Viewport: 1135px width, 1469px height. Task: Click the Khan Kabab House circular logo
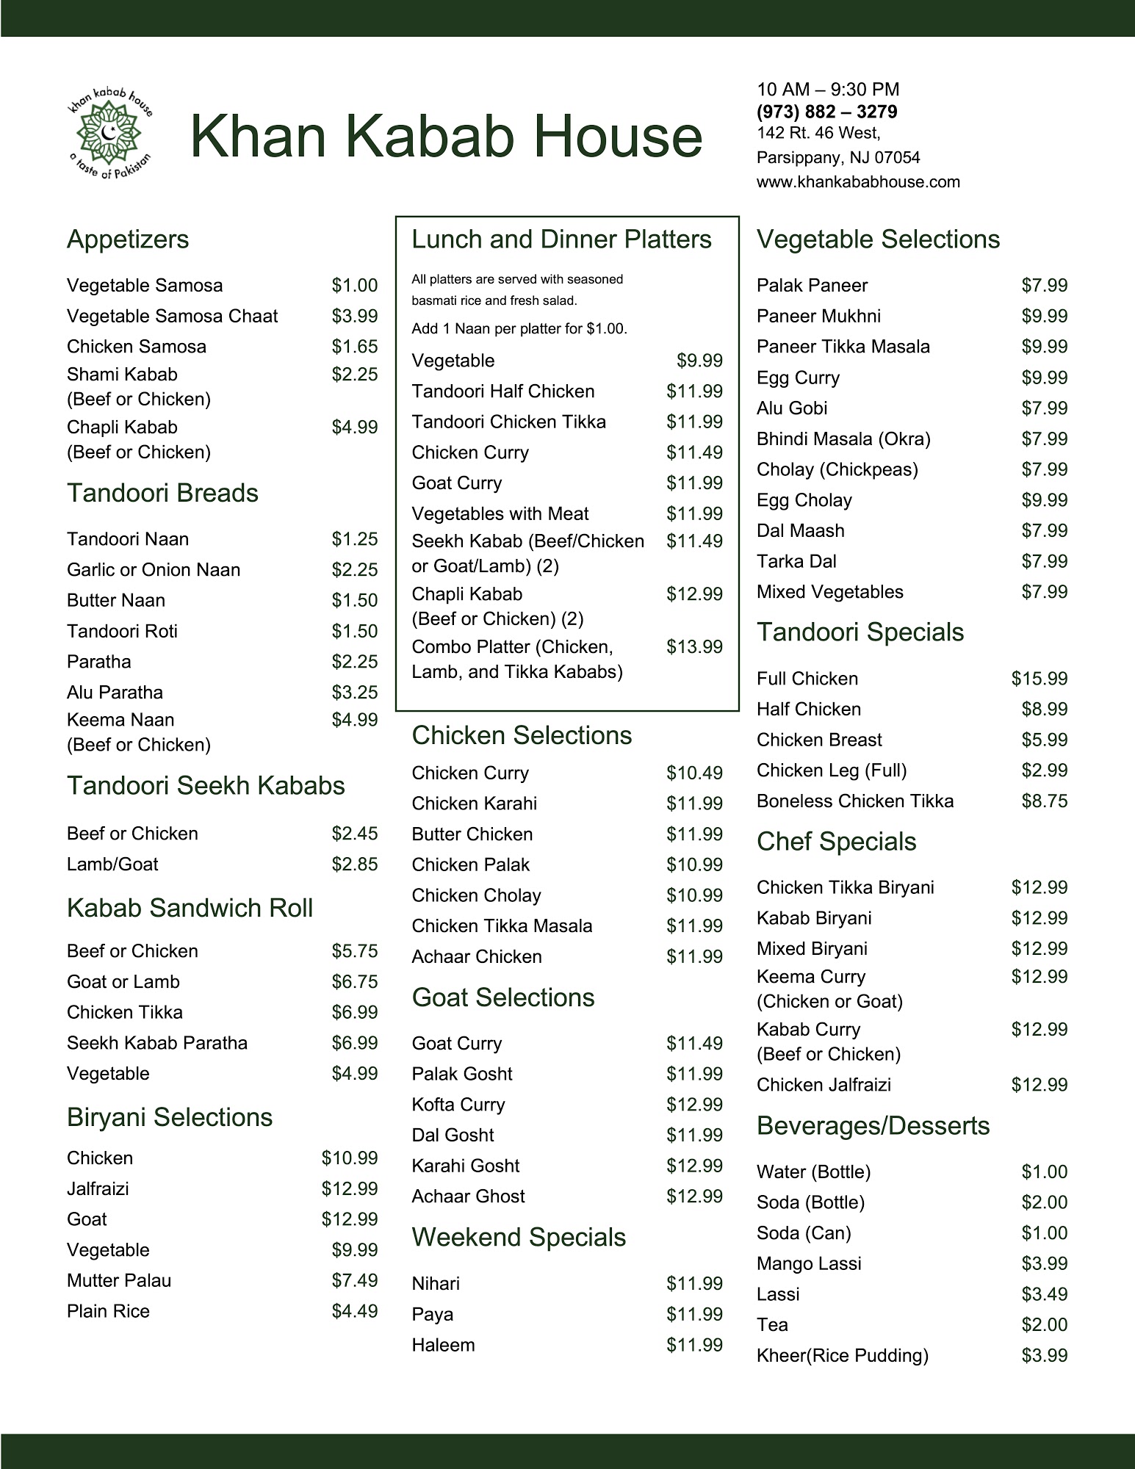tap(109, 135)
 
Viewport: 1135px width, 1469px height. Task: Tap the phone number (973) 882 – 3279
tap(827, 112)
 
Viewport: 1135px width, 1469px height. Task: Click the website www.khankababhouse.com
tap(858, 181)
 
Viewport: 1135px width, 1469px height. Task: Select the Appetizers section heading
tap(128, 239)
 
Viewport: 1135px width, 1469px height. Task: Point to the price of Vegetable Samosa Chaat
tap(354, 316)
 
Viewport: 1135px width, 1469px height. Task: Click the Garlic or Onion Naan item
tap(154, 570)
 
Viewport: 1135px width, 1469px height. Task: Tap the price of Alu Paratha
tap(354, 692)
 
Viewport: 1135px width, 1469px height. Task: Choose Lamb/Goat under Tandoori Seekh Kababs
tap(112, 864)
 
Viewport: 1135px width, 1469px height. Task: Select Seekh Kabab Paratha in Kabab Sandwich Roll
tap(157, 1043)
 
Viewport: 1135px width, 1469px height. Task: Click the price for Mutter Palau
tap(354, 1280)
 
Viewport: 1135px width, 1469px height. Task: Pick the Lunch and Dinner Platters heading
tap(561, 239)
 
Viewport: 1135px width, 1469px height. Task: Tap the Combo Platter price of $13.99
tap(694, 646)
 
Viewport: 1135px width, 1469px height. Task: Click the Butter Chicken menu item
tap(472, 834)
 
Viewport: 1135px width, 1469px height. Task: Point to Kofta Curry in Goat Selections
tap(458, 1105)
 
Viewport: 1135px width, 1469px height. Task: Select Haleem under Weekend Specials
tap(444, 1345)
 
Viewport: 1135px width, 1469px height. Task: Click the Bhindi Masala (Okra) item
tap(843, 439)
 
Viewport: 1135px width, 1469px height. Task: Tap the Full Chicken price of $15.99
tap(1039, 679)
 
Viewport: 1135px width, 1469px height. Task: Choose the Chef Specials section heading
tap(837, 842)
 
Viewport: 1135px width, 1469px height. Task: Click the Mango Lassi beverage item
tap(809, 1263)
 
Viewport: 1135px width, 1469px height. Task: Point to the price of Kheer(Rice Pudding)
tap(1044, 1355)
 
